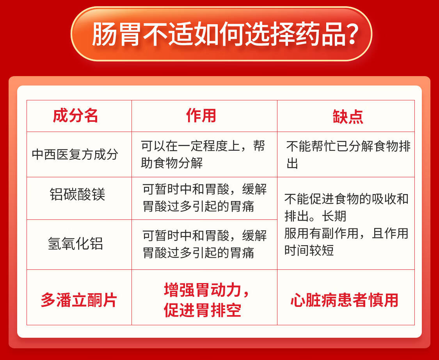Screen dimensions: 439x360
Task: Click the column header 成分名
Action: tap(75, 116)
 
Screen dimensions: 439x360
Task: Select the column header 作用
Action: tap(201, 116)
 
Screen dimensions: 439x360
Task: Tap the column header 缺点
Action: tap(348, 116)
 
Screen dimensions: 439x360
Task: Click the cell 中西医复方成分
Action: tap(75, 154)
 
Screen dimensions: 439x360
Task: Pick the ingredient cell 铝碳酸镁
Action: tap(78, 194)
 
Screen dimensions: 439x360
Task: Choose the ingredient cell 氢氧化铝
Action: tap(76, 243)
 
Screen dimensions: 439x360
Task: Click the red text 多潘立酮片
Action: tap(79, 300)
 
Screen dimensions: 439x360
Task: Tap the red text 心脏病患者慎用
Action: tap(345, 300)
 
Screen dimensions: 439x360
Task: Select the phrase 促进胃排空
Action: tap(203, 310)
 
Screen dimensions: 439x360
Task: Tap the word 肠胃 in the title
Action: tap(116, 34)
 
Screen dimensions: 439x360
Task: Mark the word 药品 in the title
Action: tap(321, 34)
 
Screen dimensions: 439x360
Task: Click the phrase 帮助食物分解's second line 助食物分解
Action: tap(172, 163)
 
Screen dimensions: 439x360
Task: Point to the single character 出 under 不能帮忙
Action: tap(292, 163)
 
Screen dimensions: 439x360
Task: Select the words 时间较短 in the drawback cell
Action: tap(309, 250)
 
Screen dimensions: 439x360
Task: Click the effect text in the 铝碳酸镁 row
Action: tap(204, 198)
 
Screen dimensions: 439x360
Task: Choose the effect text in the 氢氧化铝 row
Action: tap(204, 244)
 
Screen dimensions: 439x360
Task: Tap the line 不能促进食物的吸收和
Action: tap(347, 199)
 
